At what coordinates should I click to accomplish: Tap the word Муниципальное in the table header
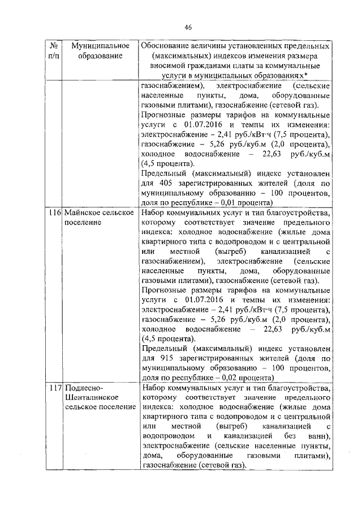(94, 45)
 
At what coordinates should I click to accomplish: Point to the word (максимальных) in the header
(179, 56)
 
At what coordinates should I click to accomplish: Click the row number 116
(54, 213)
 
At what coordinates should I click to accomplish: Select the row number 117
(54, 388)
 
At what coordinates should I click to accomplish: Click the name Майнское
(83, 213)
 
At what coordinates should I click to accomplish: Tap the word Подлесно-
(84, 388)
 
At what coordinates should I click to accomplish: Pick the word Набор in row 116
(156, 213)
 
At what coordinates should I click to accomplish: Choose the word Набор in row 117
(156, 388)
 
